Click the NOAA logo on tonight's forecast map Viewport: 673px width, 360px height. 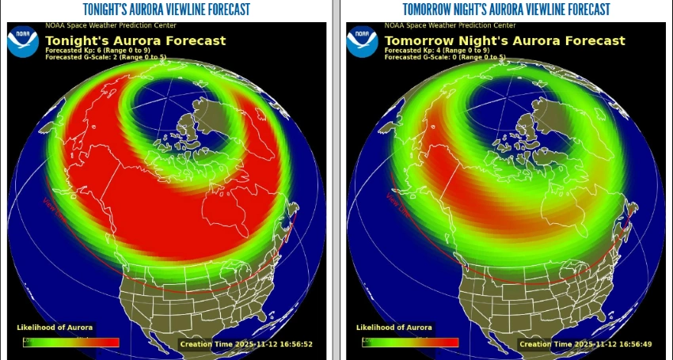click(x=23, y=41)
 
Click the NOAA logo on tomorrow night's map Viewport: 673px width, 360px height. click(x=362, y=41)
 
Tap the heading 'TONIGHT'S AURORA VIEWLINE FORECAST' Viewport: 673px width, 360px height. click(x=166, y=9)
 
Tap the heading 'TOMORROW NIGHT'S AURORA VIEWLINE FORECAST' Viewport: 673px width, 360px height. click(x=506, y=9)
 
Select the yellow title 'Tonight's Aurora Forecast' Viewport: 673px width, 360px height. click(x=135, y=40)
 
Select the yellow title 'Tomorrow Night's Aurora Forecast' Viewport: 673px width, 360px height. click(x=504, y=40)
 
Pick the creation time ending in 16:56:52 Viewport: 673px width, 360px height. click(x=246, y=344)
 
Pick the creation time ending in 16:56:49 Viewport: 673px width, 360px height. click(x=585, y=344)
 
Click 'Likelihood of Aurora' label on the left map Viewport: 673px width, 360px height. click(x=55, y=328)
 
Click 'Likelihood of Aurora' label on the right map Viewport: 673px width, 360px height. click(x=394, y=328)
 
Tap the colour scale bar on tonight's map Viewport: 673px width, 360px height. click(x=70, y=343)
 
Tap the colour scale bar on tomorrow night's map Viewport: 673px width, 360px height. click(x=410, y=343)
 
